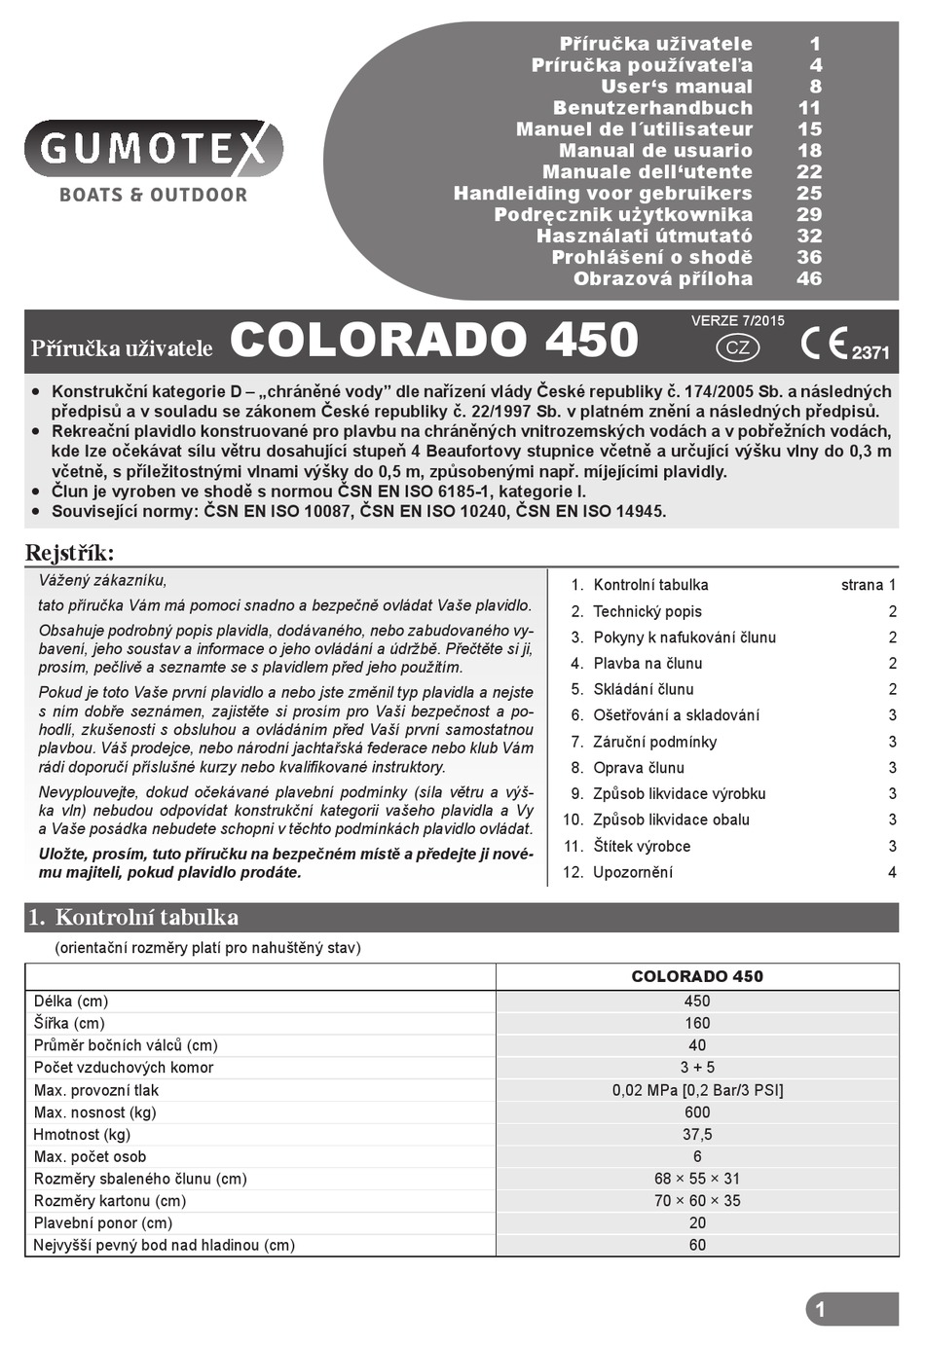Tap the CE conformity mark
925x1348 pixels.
point(824,344)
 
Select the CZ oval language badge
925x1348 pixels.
point(738,347)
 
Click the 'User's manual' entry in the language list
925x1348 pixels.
point(676,87)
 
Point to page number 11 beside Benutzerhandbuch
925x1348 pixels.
point(809,108)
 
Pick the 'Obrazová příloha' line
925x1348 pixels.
point(662,279)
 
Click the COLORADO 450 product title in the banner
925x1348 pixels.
point(434,340)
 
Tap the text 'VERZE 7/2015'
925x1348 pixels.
point(737,320)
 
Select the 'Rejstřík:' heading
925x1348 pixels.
point(69,554)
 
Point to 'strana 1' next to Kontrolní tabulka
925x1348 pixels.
point(868,585)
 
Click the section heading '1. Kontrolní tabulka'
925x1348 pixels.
point(133,917)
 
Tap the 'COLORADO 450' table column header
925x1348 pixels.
point(697,976)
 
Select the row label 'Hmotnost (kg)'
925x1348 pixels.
point(82,1134)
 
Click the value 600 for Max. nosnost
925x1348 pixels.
point(697,1112)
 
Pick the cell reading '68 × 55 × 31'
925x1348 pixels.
point(697,1179)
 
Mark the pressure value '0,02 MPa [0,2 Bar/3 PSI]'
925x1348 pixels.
point(697,1090)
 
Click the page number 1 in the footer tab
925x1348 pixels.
point(820,1309)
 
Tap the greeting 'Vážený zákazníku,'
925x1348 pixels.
point(102,581)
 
